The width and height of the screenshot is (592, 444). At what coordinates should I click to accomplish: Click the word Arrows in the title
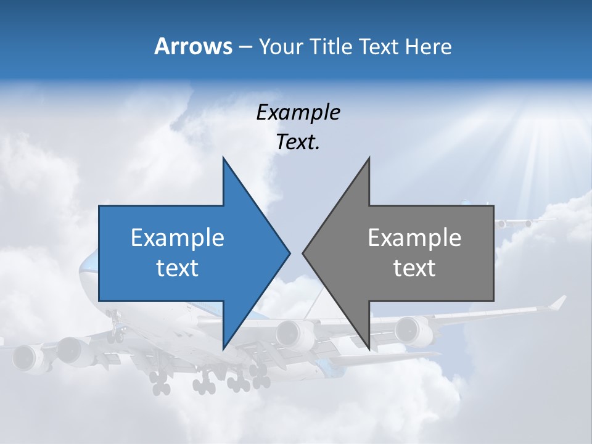pyautogui.click(x=192, y=46)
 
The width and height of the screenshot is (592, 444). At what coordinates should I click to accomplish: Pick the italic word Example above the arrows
pyautogui.click(x=298, y=112)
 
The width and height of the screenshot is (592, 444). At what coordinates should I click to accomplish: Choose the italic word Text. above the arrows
pyautogui.click(x=298, y=142)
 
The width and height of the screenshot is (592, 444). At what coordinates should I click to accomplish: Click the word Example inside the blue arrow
pyautogui.click(x=178, y=237)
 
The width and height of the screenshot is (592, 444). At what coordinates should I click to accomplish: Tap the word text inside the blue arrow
pyautogui.click(x=178, y=268)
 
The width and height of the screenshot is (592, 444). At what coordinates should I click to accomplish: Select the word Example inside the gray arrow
pyautogui.click(x=414, y=237)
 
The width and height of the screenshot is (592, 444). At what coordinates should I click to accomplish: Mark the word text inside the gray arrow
pyautogui.click(x=414, y=268)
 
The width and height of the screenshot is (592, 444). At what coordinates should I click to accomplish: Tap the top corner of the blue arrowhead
pyautogui.click(x=223, y=158)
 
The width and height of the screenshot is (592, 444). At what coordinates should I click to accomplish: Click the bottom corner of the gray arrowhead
pyautogui.click(x=369, y=348)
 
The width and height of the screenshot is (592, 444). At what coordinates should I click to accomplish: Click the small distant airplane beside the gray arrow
pyautogui.click(x=515, y=222)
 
